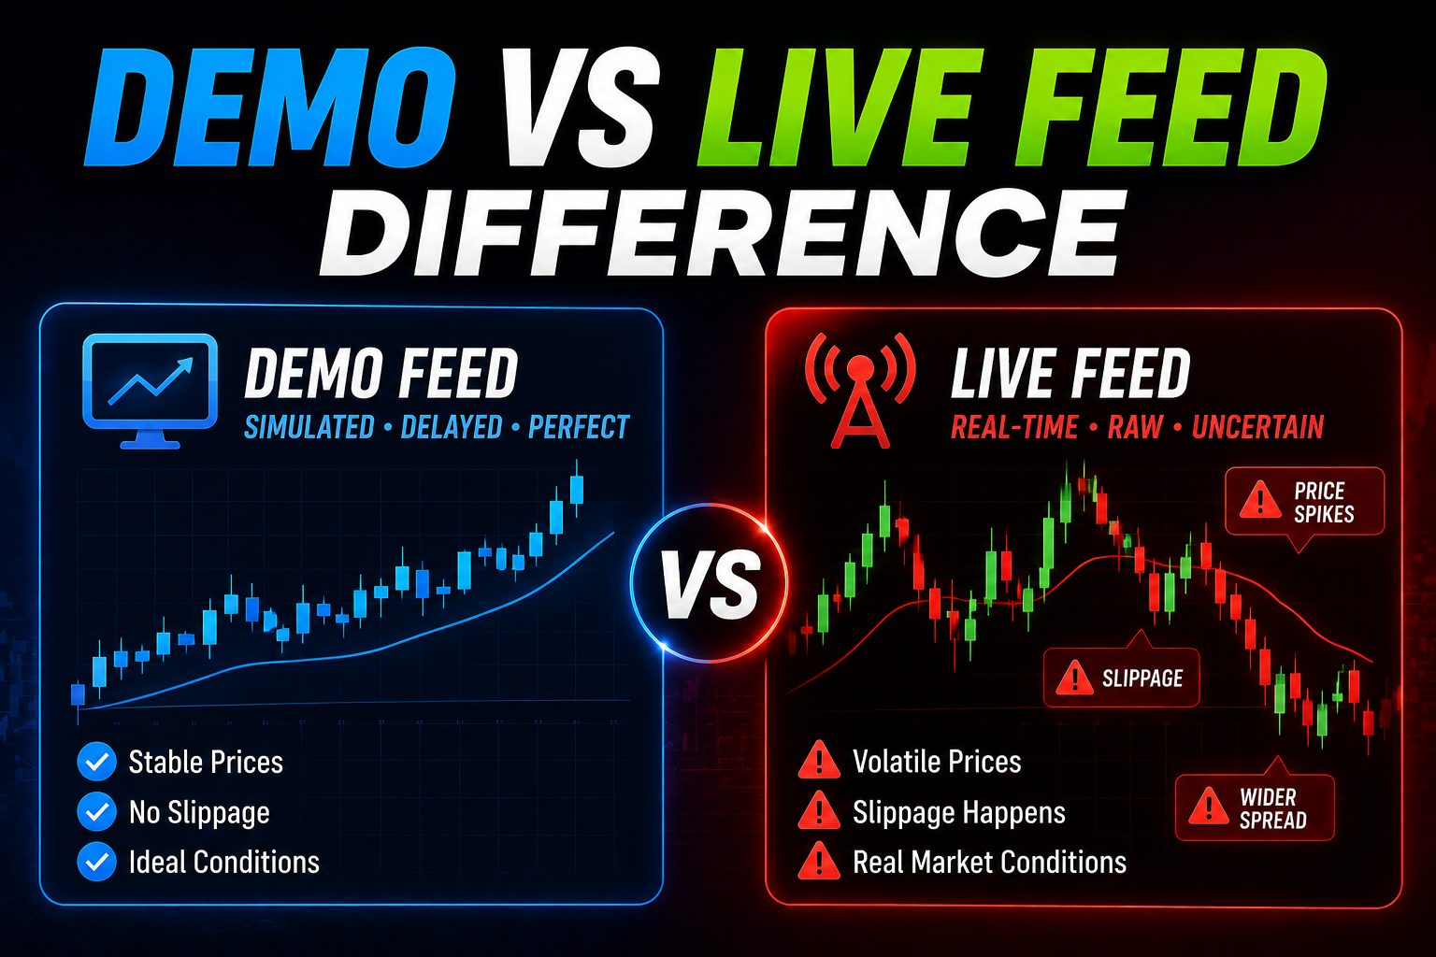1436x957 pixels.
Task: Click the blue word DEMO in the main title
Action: [270, 107]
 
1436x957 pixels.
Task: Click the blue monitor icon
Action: [150, 391]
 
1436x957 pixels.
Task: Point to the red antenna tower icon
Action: [860, 391]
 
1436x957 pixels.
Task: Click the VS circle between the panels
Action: [709, 582]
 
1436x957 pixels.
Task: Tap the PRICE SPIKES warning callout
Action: [1304, 503]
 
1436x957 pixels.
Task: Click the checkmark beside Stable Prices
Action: [97, 762]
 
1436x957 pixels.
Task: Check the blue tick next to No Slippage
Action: [97, 811]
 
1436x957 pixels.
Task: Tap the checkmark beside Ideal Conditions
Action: [97, 862]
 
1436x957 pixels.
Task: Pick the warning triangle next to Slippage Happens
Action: [819, 810]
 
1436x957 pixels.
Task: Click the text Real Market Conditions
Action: [989, 862]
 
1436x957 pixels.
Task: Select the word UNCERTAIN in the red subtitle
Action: [1257, 427]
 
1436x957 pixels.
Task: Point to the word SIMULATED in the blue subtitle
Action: [309, 427]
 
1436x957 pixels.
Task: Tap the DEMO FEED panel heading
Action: [381, 373]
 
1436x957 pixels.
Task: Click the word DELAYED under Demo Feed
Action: [452, 427]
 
